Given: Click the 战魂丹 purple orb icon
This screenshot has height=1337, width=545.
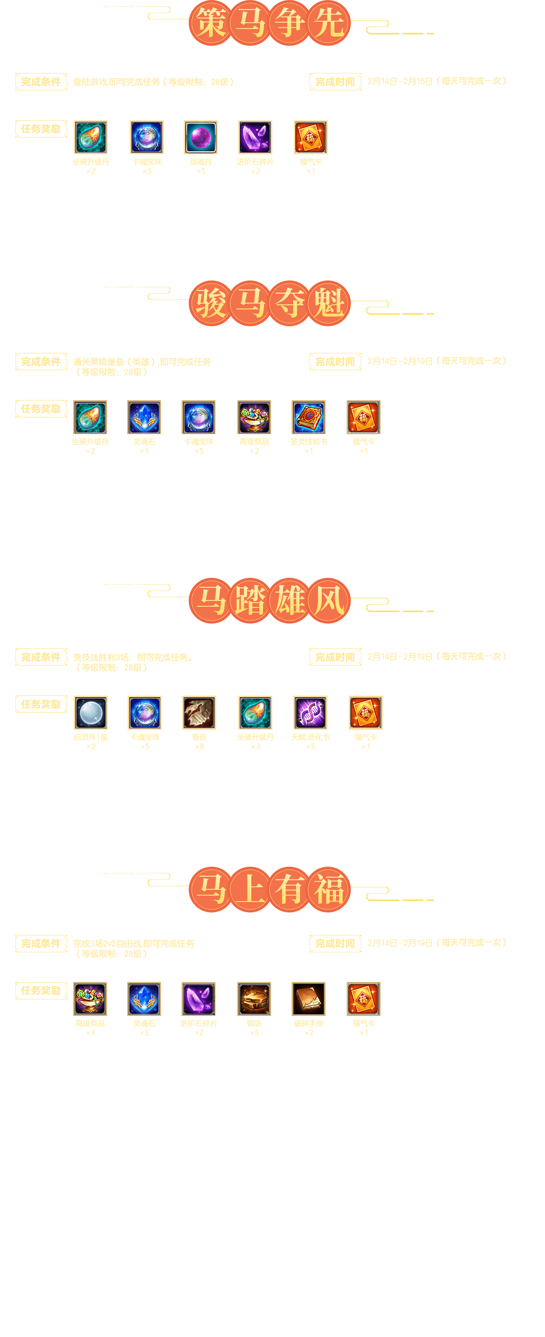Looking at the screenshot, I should pos(201,138).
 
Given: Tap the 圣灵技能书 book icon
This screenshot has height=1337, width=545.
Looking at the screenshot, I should pos(308,417).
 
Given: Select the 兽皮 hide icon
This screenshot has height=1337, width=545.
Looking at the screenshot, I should pos(199,713).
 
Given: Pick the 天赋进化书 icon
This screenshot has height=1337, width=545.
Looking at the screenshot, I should pos(310,713).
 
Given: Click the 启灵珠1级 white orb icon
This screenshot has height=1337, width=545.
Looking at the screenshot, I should pos(90,713).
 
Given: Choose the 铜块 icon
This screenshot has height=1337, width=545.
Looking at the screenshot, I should pos(254,999).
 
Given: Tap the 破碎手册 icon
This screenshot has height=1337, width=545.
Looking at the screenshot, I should pos(308,999).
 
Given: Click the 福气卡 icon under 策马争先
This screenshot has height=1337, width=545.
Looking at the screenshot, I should pos(311,138).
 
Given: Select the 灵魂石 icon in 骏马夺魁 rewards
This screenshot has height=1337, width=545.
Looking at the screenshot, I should pos(144,417).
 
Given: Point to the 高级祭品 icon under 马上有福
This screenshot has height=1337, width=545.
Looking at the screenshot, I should pos(90,999).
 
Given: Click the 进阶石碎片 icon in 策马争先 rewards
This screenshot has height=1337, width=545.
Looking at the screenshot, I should pos(255,138).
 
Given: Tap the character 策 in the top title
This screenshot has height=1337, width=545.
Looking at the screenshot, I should pos(211,23).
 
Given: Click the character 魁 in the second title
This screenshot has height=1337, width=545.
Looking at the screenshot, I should pos(329,303).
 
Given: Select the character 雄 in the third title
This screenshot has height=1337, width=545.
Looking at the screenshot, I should pos(290,601).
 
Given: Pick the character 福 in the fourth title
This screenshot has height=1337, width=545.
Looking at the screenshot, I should pos(329,889).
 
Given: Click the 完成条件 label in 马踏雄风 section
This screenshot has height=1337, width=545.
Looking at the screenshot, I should pos(41,657).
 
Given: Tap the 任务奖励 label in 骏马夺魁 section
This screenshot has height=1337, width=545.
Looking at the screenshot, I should pos(41,409).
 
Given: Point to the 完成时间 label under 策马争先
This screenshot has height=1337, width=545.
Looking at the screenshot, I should pos(335,82).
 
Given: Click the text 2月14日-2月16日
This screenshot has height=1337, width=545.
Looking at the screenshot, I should pos(400,81).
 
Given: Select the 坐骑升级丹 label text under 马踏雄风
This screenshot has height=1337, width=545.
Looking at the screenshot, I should pos(255,737).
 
